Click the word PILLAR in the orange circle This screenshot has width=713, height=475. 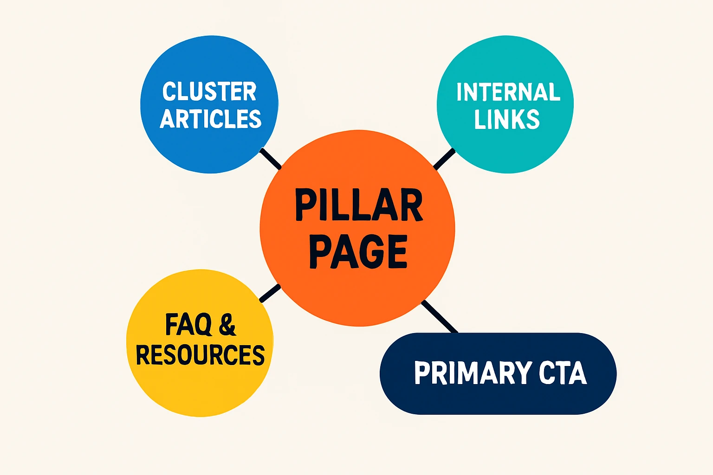[x=358, y=205]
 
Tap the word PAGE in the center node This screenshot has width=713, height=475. [x=358, y=251]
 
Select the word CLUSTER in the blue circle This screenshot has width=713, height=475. [x=209, y=91]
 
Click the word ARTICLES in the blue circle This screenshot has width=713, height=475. [x=211, y=119]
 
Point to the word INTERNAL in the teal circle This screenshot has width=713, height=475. [x=508, y=92]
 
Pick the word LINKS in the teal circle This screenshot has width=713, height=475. [x=507, y=119]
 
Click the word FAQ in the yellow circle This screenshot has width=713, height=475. [x=188, y=325]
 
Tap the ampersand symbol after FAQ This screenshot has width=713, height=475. [x=227, y=325]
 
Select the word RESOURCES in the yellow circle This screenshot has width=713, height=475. [x=200, y=355]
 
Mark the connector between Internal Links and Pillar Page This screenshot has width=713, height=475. [x=444, y=159]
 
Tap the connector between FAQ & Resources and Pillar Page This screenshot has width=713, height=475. [x=270, y=294]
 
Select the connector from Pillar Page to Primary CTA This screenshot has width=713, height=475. [x=440, y=317]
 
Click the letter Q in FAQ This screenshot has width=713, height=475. [x=203, y=325]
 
